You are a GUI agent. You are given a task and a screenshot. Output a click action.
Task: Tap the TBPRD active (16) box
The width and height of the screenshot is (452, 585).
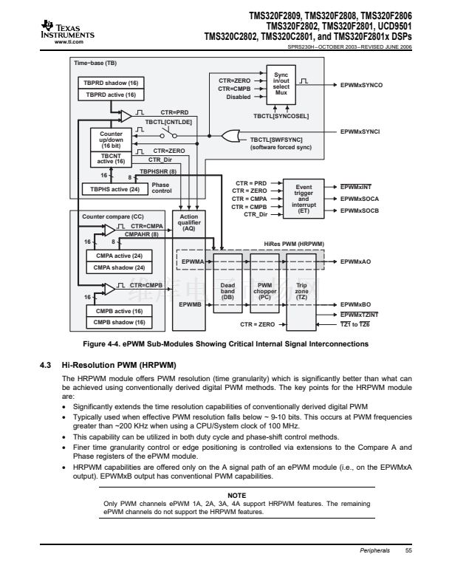tap(111, 95)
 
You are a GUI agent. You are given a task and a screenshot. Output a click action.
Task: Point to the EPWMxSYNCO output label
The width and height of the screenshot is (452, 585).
tap(361, 86)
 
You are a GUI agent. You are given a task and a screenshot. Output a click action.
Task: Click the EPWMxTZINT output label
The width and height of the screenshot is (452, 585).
tap(362, 314)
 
